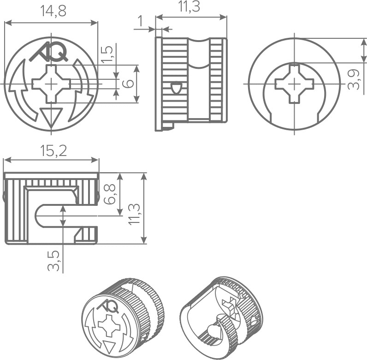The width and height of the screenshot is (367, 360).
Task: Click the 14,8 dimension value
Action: coord(53,11)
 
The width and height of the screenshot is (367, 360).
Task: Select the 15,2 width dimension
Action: coord(53,151)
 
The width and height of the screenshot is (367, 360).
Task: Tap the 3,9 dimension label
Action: coord(354,79)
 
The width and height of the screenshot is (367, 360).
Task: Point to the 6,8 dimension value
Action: coord(109,194)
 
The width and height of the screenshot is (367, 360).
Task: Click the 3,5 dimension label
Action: coord(53,261)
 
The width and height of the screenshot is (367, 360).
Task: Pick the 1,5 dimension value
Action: coord(107,54)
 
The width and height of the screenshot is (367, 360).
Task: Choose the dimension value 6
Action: coord(128,84)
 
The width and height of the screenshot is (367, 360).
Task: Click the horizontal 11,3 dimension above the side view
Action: coord(189,6)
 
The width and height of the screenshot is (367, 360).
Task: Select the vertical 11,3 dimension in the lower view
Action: coord(134,215)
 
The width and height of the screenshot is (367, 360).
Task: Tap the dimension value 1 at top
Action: coord(141,21)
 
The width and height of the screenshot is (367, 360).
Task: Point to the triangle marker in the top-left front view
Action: coord(51,118)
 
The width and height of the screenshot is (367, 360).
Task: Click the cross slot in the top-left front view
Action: coord(51,84)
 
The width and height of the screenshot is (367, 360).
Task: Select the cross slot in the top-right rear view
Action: coord(295,84)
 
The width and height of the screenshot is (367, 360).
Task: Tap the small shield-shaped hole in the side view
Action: coord(177,88)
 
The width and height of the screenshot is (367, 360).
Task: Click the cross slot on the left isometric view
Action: coord(109,326)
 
